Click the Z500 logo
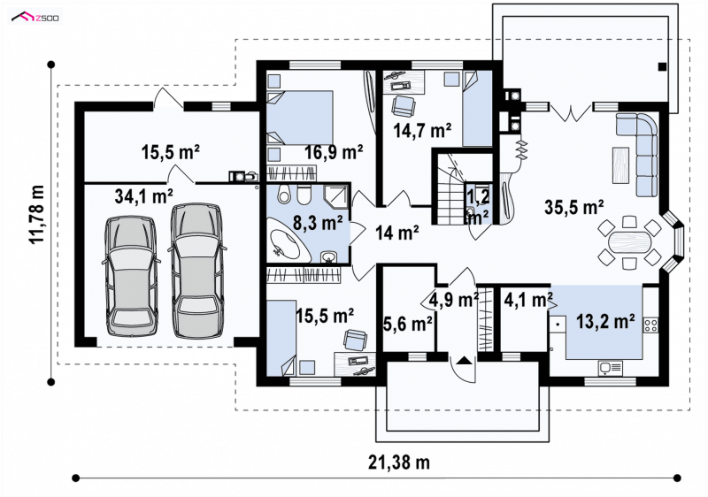[35, 18]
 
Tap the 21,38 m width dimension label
[399, 463]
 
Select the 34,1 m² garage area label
[144, 196]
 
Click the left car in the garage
[130, 276]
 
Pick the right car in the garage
[196, 271]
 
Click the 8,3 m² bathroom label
[318, 223]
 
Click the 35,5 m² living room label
[574, 208]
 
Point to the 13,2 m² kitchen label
[605, 321]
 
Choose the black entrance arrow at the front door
[464, 360]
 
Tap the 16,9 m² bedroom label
[334, 152]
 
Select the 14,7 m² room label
[422, 131]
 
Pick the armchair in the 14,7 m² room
[404, 107]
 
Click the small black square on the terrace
[662, 66]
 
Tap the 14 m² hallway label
[396, 233]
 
